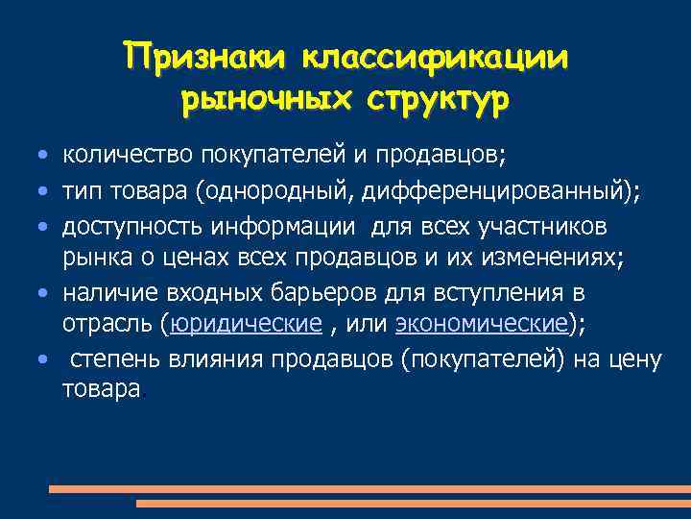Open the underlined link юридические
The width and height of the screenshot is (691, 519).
[245, 325]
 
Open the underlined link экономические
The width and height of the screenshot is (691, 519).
[483, 325]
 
